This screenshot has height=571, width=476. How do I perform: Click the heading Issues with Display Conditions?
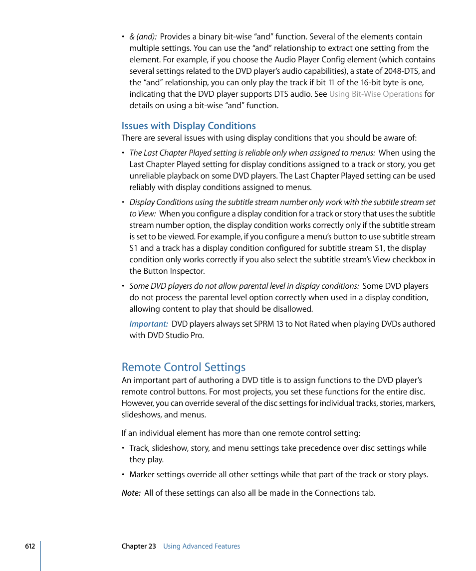click(189, 126)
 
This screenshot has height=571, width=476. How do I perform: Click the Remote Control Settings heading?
click(184, 367)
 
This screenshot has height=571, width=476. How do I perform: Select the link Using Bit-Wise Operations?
click(376, 94)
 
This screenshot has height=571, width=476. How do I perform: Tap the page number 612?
click(30, 546)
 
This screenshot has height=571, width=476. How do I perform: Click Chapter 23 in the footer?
click(139, 546)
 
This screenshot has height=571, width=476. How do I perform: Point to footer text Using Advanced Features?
click(202, 546)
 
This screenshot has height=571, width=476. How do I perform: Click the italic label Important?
click(149, 324)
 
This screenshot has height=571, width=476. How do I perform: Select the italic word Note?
click(131, 493)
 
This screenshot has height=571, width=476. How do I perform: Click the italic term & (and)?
click(143, 36)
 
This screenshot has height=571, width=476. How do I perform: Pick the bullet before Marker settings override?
click(123, 475)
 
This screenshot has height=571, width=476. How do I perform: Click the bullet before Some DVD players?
click(123, 286)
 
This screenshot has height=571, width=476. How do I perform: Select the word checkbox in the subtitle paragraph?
click(410, 259)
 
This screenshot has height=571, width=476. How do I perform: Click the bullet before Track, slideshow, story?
click(123, 448)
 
